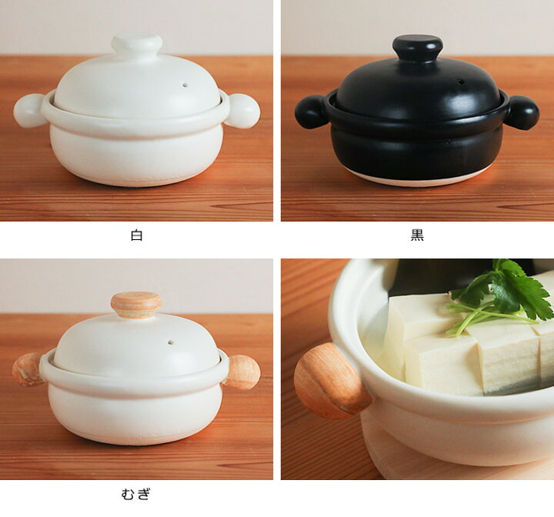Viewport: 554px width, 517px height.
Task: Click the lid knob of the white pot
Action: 137,45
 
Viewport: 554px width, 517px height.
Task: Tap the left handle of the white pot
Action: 29,111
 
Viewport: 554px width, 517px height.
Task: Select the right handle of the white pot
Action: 243,111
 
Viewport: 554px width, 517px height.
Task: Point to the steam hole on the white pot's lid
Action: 185,85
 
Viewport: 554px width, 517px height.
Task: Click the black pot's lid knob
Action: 418,48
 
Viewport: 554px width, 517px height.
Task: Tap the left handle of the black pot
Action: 311,112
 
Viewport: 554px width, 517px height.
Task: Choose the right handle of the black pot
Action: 524,112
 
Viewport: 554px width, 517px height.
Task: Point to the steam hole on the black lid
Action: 460,82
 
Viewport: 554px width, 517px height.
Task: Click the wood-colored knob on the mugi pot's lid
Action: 136,305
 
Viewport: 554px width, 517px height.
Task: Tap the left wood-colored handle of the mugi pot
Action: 28,369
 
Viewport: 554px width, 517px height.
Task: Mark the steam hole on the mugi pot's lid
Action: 171,342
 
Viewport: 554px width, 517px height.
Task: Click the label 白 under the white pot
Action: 136,235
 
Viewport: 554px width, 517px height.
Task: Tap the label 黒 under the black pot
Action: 417,235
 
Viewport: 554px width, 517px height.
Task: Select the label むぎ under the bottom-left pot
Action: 136,494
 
